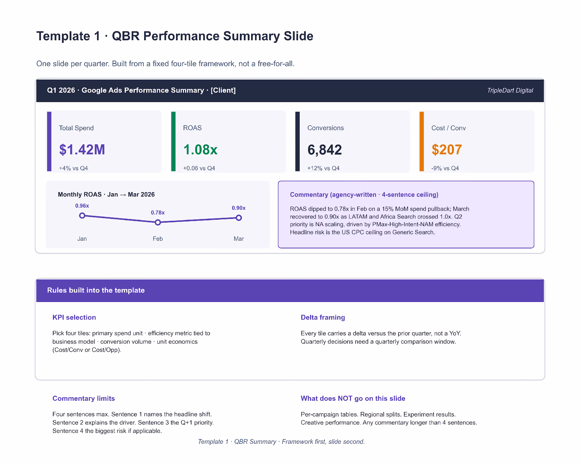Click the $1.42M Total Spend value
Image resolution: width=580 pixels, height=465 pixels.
(82, 150)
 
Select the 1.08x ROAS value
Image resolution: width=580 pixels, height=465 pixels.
(201, 150)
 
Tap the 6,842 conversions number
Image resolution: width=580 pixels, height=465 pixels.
(325, 150)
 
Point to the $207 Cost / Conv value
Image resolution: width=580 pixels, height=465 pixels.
(447, 150)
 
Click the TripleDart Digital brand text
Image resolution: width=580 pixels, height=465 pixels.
(510, 90)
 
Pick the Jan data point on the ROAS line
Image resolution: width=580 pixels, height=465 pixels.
(82, 216)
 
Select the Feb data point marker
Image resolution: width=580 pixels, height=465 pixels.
(158, 223)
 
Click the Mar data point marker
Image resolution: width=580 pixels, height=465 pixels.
(239, 218)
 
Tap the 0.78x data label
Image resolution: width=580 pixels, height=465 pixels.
(158, 213)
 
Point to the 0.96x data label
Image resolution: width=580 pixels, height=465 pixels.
(82, 206)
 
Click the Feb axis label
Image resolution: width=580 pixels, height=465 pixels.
(158, 239)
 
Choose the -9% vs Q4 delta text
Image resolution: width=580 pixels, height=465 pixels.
(445, 168)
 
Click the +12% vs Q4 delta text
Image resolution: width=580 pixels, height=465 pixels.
(323, 168)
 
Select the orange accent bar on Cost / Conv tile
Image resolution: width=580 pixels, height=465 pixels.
(422, 141)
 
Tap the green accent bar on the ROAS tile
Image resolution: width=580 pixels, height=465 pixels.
(173, 141)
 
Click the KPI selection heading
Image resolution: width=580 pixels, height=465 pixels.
(74, 318)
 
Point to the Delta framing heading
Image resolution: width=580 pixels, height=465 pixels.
(323, 318)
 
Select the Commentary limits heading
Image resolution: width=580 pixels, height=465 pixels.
(84, 399)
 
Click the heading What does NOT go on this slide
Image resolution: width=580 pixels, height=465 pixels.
(353, 399)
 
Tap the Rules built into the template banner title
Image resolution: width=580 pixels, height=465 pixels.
(96, 290)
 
